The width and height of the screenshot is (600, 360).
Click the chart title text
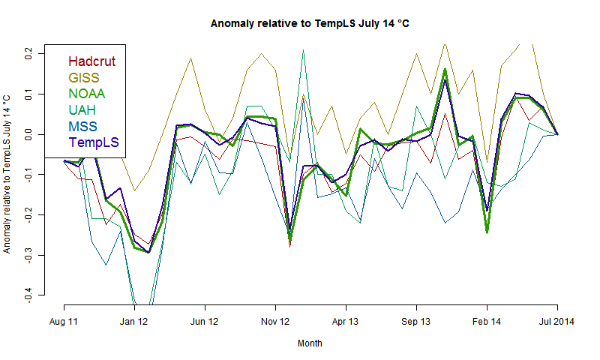click(310, 24)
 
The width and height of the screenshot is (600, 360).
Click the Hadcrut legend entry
click(92, 61)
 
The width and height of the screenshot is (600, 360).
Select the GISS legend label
click(84, 77)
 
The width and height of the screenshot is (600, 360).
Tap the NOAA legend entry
click(86, 94)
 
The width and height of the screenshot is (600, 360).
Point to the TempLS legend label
click(94, 142)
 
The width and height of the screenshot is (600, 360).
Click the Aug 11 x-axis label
click(64, 322)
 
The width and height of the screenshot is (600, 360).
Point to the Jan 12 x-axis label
click(134, 322)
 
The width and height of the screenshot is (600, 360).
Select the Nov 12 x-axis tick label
click(275, 322)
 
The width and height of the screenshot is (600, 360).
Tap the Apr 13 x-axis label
click(346, 322)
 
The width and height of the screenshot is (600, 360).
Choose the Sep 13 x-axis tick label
click(416, 322)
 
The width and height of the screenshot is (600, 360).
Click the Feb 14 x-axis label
click(487, 322)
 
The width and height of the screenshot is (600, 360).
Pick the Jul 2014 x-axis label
click(557, 322)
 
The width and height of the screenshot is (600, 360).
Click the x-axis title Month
click(310, 343)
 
